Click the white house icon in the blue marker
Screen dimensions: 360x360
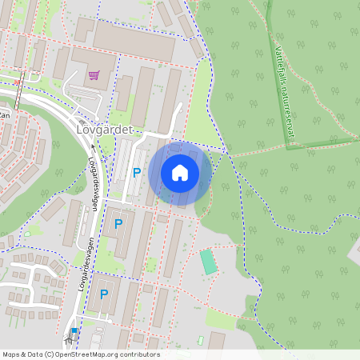coord(179,172)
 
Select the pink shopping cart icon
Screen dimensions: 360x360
coord(94,75)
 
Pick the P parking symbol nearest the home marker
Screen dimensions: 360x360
coord(137,172)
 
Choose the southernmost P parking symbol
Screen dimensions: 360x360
coord(104,294)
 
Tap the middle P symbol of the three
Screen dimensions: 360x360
coord(119,224)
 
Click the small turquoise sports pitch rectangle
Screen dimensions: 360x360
coord(209,262)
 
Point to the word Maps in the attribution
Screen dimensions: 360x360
coord(12,354)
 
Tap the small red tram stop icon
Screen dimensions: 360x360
coord(18,81)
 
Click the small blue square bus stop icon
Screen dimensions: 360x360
coord(74,330)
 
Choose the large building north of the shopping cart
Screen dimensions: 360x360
coord(133,41)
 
